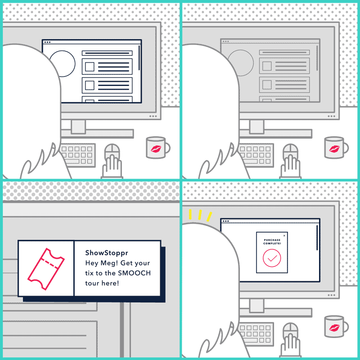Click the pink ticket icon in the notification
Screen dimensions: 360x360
point(46,269)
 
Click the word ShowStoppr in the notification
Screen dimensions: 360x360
point(107,253)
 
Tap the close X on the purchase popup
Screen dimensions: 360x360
point(284,235)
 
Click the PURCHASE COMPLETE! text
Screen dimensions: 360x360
point(272,242)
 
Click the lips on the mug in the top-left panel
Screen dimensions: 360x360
point(156,149)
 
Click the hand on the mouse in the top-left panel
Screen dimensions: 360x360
point(112,166)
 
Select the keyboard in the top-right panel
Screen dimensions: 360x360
point(256,155)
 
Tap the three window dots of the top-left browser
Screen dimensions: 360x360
point(47,42)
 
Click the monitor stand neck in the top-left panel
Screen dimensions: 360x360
point(78,126)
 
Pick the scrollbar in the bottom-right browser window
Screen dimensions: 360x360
point(317,238)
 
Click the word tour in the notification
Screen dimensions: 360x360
point(92,283)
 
